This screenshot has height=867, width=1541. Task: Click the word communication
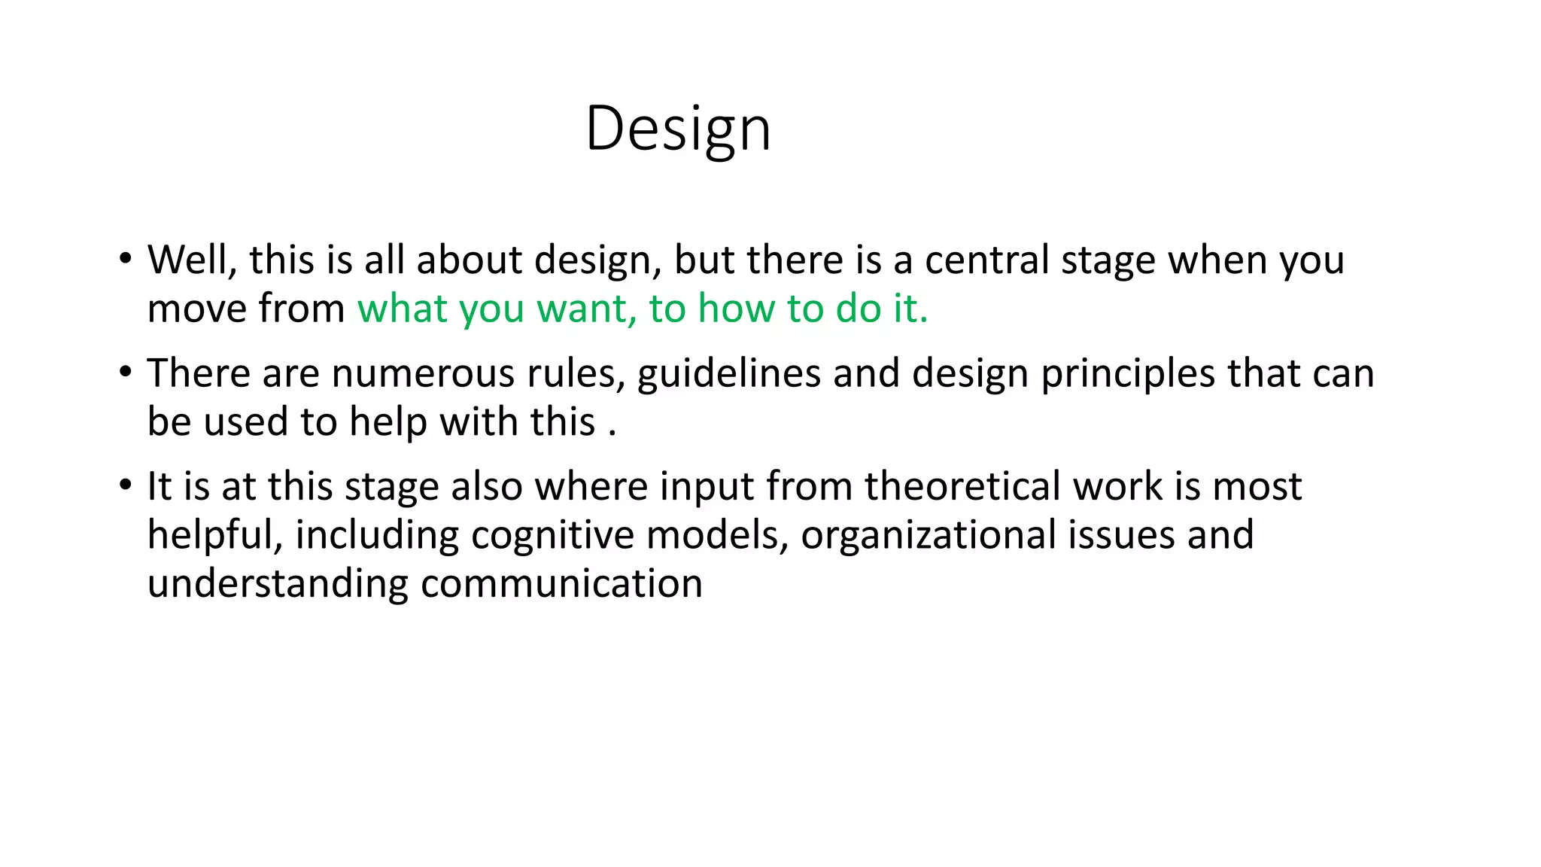561,584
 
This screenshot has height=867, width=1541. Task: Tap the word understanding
277,584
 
